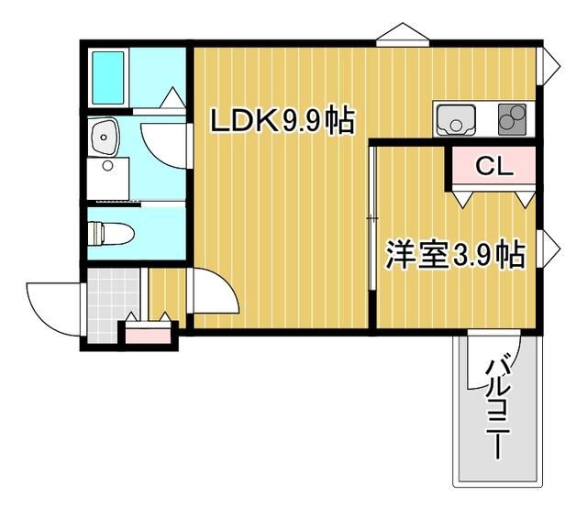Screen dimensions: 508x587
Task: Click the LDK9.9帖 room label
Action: tap(282, 121)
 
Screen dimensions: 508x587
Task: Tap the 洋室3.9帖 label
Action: tap(454, 255)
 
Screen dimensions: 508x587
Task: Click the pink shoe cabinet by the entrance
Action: tap(149, 332)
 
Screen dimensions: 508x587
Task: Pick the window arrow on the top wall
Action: tap(402, 34)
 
